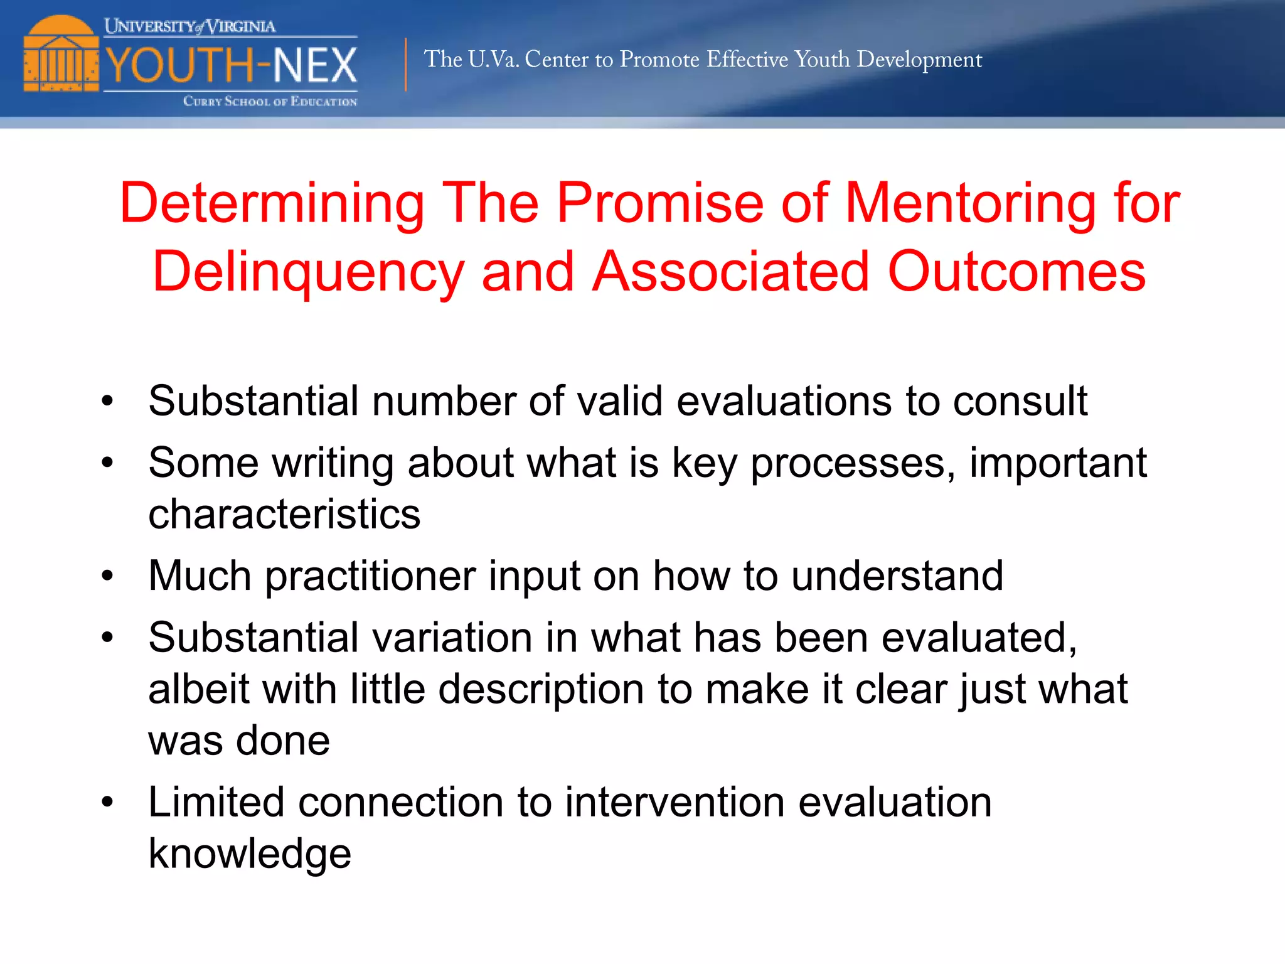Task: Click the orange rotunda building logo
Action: [x=61, y=55]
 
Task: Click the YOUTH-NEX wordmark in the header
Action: [x=231, y=65]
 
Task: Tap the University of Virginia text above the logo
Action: [x=189, y=26]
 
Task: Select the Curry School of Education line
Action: [x=270, y=102]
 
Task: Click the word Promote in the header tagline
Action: [x=659, y=60]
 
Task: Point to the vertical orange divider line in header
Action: [x=406, y=65]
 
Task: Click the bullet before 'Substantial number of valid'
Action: [x=107, y=401]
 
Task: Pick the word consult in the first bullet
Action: [x=1020, y=401]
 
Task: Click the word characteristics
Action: [x=284, y=514]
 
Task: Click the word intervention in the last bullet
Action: [x=674, y=803]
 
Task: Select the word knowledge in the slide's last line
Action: [x=250, y=854]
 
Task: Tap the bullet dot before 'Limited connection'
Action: [x=107, y=803]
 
